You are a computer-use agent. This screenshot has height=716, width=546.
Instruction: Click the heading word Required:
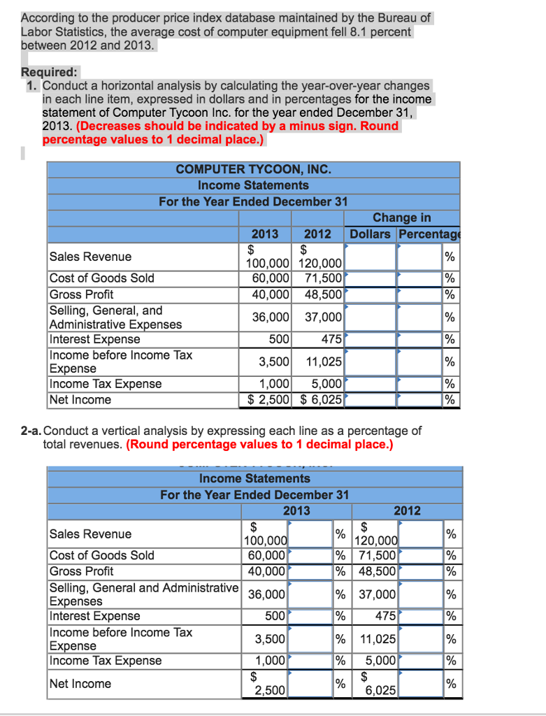50,72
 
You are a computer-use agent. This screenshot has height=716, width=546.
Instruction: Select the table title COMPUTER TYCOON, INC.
253,169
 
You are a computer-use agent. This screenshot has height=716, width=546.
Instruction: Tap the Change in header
402,218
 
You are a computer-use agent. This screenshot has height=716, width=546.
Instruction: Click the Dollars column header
371,234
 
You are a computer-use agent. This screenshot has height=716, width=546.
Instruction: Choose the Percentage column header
427,234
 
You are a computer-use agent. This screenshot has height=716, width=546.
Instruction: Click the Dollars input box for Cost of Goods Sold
371,278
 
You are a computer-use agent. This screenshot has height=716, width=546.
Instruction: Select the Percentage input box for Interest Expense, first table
419,340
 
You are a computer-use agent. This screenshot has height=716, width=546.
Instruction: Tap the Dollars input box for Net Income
371,400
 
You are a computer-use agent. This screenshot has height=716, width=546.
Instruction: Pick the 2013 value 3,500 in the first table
274,361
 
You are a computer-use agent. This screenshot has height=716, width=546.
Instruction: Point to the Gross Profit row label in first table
81,294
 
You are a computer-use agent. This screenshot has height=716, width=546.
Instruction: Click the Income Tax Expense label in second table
106,661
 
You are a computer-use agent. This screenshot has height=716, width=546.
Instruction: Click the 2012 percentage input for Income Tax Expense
421,661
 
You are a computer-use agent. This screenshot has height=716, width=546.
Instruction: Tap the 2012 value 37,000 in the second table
378,594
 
